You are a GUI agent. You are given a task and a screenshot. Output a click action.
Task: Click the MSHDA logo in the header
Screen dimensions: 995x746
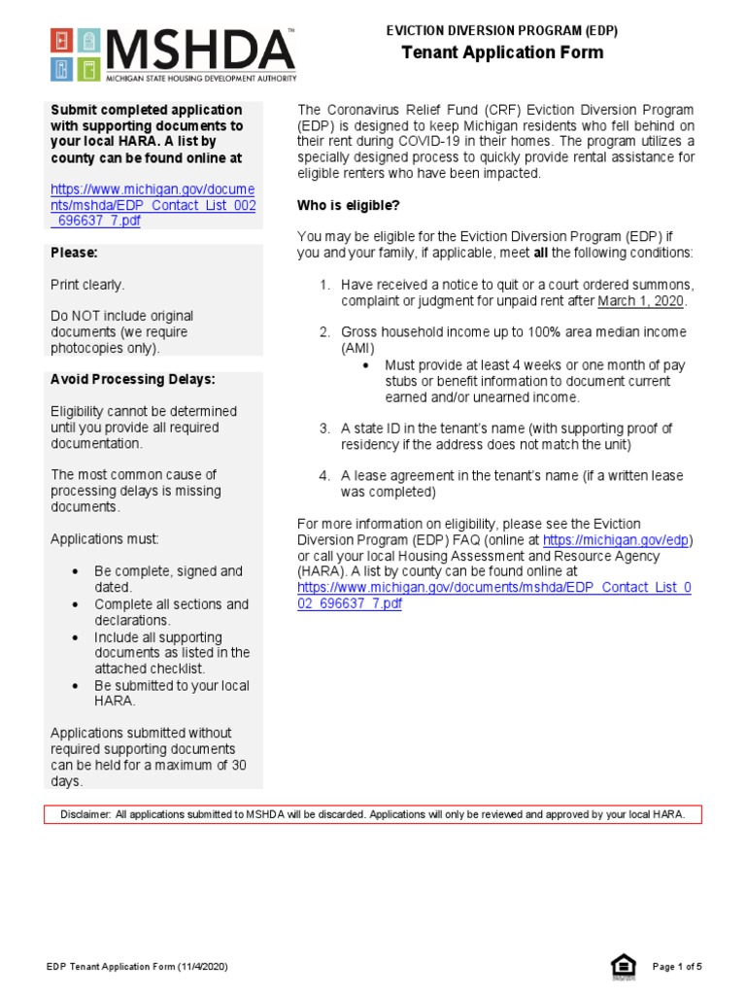click(x=172, y=55)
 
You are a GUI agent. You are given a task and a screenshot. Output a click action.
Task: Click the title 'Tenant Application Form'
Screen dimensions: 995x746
click(x=502, y=52)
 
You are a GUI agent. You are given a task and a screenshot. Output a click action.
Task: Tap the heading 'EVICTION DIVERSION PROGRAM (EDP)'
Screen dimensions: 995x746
click(x=502, y=31)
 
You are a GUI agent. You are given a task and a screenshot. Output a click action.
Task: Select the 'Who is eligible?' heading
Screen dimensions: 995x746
click(x=348, y=205)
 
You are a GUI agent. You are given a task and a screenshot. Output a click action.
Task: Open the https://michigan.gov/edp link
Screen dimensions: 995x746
click(x=617, y=539)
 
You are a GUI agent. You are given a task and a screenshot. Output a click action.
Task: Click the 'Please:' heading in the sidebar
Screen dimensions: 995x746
click(x=74, y=253)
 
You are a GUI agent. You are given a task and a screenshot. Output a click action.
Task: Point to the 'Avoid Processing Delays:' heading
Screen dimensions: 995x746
click(x=133, y=379)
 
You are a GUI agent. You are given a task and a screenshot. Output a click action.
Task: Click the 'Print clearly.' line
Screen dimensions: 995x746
click(x=87, y=285)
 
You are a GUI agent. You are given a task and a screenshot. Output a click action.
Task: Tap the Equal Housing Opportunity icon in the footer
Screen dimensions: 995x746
click(x=623, y=966)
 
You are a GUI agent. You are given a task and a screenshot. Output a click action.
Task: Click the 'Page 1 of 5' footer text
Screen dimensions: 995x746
click(x=676, y=967)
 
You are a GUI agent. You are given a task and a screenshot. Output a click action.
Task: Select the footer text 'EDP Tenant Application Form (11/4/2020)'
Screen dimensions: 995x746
click(x=138, y=967)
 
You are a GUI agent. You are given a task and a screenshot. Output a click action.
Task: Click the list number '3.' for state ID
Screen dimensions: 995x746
click(x=325, y=428)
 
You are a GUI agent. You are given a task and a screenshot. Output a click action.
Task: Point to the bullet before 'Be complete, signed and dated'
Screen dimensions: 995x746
click(x=75, y=571)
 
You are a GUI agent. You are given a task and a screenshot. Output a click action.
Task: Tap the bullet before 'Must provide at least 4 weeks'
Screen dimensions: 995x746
click(x=365, y=365)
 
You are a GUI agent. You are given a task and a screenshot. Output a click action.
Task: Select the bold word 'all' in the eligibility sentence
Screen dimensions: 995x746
click(x=540, y=253)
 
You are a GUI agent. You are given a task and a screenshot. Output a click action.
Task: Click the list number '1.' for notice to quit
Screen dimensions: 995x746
click(x=325, y=285)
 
